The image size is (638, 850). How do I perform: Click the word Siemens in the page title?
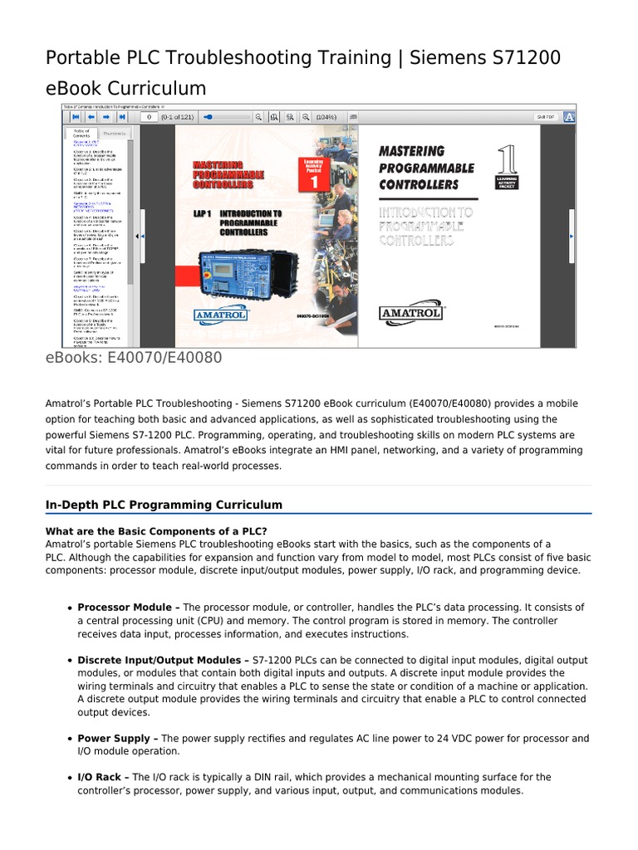[x=461, y=58]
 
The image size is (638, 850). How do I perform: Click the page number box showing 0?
[x=150, y=118]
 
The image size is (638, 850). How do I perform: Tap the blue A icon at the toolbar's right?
[x=570, y=118]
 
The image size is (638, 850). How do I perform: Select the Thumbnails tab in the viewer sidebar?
[x=115, y=133]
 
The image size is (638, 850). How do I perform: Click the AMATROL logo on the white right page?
[x=412, y=313]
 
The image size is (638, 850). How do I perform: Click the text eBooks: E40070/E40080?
[x=134, y=358]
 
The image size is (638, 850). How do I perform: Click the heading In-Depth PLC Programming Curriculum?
[x=164, y=505]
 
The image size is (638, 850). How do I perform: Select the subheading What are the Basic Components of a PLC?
[x=156, y=531]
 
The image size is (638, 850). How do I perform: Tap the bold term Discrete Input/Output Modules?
[x=160, y=660]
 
